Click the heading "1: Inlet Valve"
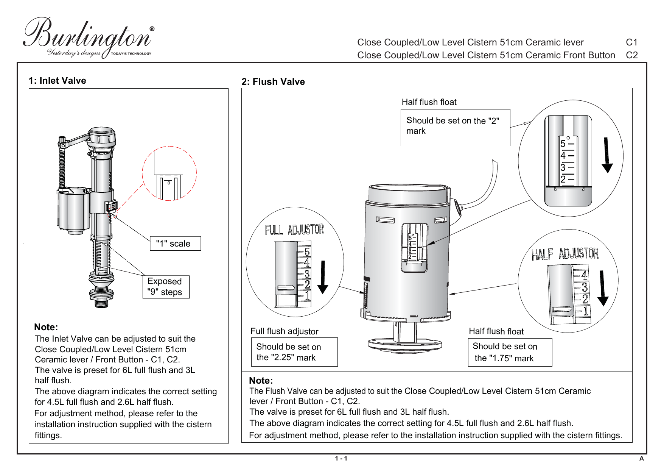(58, 81)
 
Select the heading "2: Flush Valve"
(273, 82)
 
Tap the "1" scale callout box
(175, 244)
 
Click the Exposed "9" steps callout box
(166, 287)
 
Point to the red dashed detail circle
(169, 173)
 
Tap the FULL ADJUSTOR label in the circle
(294, 230)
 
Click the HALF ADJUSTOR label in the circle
(565, 254)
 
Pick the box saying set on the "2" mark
(455, 127)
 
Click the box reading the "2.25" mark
(294, 352)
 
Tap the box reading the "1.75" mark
(510, 352)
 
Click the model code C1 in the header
(631, 42)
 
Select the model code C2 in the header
(631, 55)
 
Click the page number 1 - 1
(341, 458)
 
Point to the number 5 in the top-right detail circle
(563, 144)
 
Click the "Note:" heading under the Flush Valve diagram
(261, 381)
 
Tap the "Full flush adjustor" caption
(285, 331)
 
